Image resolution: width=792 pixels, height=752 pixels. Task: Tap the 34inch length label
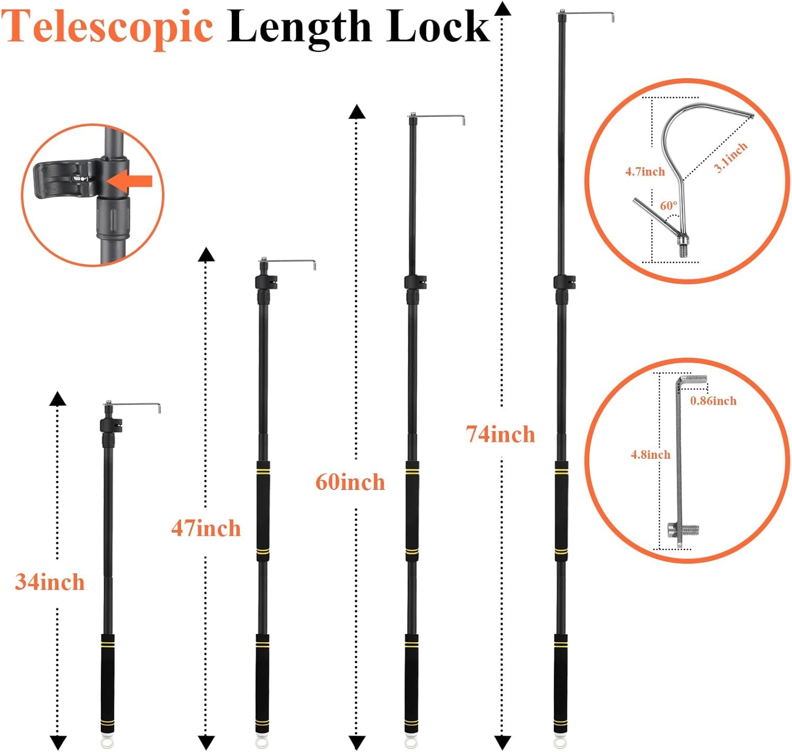point(50,582)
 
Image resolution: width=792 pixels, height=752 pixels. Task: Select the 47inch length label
point(206,528)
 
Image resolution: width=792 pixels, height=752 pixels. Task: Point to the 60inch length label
point(350,482)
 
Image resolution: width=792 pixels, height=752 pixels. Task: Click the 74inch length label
point(501,434)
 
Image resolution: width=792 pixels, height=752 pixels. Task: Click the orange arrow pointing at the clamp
point(129,181)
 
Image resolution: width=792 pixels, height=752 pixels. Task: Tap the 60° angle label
point(668,206)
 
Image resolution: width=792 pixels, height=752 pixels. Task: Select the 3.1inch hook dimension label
point(730,157)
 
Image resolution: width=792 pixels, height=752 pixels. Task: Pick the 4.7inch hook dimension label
point(645,172)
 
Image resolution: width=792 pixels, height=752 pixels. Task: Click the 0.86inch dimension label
point(713,401)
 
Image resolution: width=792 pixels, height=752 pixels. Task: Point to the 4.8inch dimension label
point(650,454)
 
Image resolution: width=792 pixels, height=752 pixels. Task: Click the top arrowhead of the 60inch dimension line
point(357,112)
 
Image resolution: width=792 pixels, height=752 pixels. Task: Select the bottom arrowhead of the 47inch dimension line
point(206,742)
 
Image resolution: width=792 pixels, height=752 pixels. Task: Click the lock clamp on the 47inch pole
point(266,282)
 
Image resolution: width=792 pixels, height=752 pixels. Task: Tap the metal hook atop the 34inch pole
point(133,406)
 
